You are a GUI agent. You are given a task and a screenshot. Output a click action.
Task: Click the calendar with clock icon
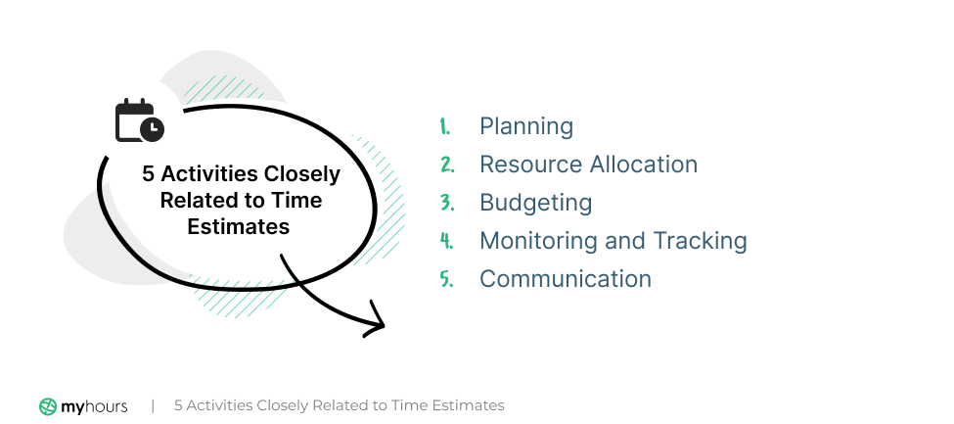[139, 120]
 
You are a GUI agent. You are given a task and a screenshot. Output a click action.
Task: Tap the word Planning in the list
[525, 126]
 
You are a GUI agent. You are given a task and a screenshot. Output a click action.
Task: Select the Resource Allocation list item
[588, 165]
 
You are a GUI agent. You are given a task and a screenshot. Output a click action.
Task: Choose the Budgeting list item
[535, 203]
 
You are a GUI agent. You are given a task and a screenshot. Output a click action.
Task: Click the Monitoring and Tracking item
[613, 241]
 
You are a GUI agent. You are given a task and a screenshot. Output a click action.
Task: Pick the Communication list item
[565, 279]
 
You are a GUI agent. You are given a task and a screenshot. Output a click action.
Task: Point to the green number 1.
[444, 126]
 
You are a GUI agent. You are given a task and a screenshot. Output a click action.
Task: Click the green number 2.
[445, 165]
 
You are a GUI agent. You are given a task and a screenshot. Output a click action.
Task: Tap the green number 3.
[445, 203]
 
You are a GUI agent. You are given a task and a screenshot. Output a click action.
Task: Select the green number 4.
[445, 241]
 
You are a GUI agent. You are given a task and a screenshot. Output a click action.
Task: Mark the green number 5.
[445, 279]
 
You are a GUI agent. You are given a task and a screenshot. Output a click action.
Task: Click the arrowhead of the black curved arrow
[376, 323]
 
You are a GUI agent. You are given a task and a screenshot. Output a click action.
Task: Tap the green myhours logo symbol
[48, 405]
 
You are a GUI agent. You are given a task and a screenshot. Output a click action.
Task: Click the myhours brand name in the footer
[96, 405]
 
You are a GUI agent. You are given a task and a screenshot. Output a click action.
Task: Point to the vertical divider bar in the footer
[153, 405]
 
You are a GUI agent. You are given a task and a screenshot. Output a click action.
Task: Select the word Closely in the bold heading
[303, 174]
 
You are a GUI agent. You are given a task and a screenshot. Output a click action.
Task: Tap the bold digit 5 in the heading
[149, 174]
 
